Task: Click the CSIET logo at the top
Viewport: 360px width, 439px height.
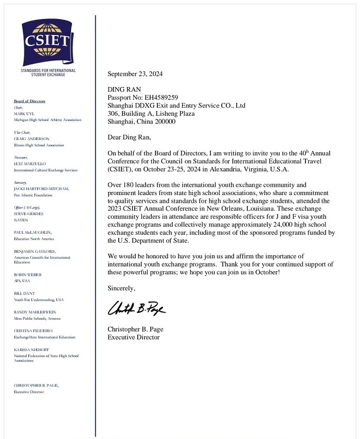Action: point(48,42)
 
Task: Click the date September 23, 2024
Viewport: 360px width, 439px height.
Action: point(135,74)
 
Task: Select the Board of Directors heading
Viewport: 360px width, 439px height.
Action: point(30,101)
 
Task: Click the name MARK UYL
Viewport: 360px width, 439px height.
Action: point(25,113)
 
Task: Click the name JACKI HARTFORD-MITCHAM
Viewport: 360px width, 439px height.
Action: point(41,189)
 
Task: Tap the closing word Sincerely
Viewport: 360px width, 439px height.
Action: point(121,289)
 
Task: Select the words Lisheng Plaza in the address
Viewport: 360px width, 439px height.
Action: point(175,114)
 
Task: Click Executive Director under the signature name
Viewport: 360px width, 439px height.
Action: point(134,338)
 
